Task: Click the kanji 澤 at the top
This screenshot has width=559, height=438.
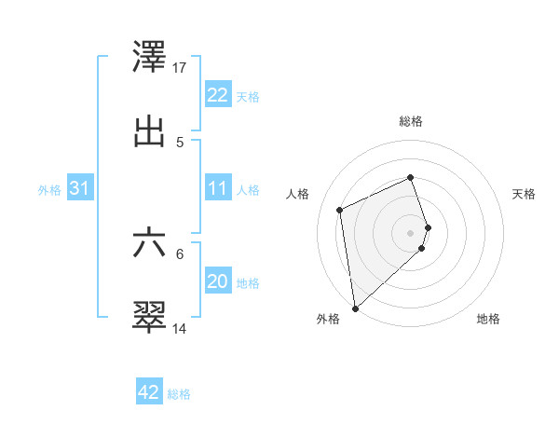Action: pyautogui.click(x=150, y=58)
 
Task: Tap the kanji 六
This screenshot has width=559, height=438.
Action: pyautogui.click(x=150, y=243)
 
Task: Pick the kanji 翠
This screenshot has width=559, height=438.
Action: pyautogui.click(x=150, y=317)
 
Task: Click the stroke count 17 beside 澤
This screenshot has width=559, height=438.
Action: pyautogui.click(x=180, y=68)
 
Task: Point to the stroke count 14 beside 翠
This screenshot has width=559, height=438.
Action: pyautogui.click(x=180, y=328)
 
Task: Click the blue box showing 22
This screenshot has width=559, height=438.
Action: pyautogui.click(x=217, y=95)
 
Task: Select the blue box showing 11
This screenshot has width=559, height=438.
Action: pyautogui.click(x=217, y=188)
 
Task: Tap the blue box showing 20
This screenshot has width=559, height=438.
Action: pyautogui.click(x=217, y=281)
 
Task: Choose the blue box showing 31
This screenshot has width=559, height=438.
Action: pyautogui.click(x=79, y=188)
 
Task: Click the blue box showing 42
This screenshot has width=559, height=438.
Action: pyautogui.click(x=149, y=392)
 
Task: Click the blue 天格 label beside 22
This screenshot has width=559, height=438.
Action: pyautogui.click(x=248, y=97)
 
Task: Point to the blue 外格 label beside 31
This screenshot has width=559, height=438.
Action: pyautogui.click(x=49, y=190)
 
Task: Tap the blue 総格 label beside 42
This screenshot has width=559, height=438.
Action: pyautogui.click(x=179, y=394)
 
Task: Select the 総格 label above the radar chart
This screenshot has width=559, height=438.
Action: pyautogui.click(x=411, y=121)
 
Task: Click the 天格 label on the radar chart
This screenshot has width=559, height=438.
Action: pyautogui.click(x=524, y=194)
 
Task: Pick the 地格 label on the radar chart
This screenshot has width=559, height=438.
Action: pyautogui.click(x=488, y=319)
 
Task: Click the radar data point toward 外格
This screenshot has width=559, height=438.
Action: pyautogui.click(x=354, y=308)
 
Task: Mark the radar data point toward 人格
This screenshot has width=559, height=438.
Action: pyautogui.click(x=340, y=210)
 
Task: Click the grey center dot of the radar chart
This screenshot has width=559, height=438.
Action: pyautogui.click(x=411, y=232)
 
